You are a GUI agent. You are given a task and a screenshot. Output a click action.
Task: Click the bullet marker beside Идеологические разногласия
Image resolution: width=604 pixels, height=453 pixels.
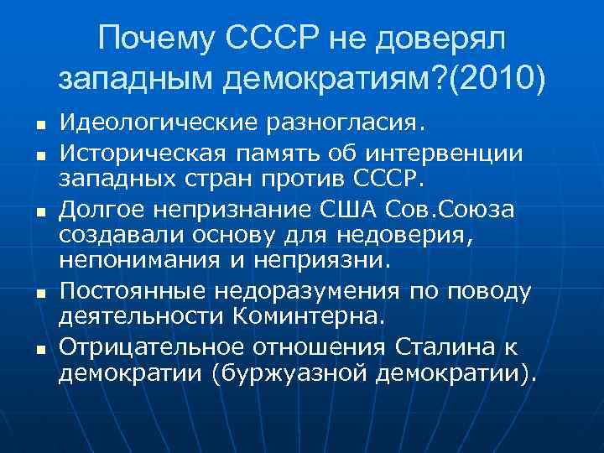40,127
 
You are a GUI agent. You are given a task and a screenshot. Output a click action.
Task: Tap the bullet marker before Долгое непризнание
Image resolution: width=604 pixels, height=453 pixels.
40,209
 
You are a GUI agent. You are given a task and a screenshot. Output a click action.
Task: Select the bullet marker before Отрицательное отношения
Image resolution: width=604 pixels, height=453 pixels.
40,347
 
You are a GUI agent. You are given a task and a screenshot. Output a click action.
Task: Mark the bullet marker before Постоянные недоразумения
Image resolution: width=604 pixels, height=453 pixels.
40,292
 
